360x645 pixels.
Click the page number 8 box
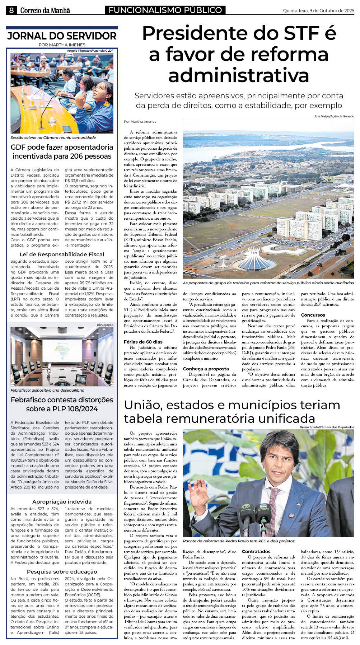[x=11, y=10]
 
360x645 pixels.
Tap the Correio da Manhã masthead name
[x=45, y=10]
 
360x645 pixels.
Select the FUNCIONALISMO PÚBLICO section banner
[x=165, y=10]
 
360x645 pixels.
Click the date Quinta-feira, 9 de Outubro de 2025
[x=318, y=11]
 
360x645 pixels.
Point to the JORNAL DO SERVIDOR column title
[x=62, y=36]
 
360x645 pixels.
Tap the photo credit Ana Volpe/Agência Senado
[x=334, y=116]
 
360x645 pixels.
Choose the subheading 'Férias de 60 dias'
[x=143, y=342]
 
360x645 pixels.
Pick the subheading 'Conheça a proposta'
[x=206, y=369]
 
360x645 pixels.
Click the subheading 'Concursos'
[x=313, y=315]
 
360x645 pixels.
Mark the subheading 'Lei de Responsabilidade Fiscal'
[x=62, y=254]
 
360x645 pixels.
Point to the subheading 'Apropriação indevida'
[x=62, y=501]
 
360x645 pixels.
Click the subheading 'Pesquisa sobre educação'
[x=62, y=571]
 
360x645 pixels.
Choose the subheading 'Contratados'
[x=256, y=551]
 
